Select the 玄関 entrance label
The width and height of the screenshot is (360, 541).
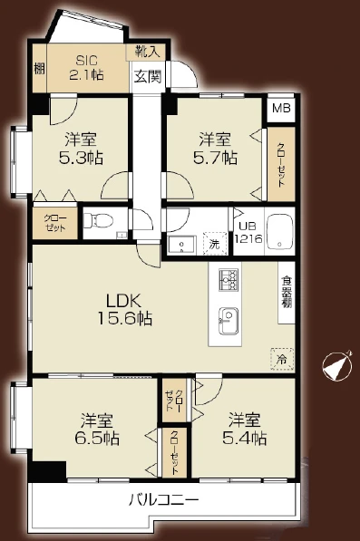click(x=148, y=77)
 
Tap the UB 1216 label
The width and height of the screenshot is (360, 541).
click(x=248, y=233)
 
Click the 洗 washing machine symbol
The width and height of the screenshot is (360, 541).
click(x=214, y=244)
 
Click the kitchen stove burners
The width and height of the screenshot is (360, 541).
click(x=228, y=281)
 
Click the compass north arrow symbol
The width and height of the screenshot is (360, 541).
click(x=336, y=366)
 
